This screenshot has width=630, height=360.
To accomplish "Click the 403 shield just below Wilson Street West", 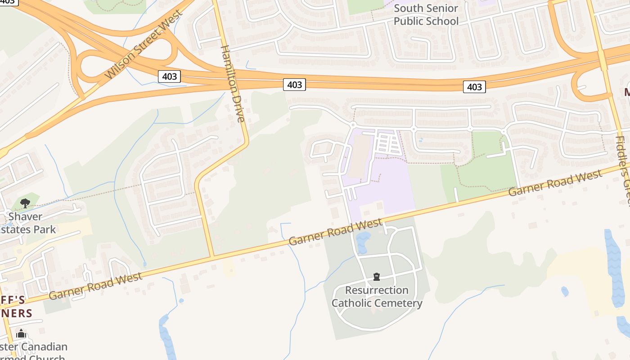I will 169,76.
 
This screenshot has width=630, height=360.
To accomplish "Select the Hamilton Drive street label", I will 233,83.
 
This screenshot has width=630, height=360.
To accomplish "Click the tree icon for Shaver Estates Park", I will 25,203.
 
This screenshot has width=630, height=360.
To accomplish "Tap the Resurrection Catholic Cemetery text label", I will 377,297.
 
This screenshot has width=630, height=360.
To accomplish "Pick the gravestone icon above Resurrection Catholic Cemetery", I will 377,277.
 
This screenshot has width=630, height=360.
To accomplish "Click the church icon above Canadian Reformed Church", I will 21,334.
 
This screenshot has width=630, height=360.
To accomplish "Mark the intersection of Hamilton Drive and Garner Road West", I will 212,256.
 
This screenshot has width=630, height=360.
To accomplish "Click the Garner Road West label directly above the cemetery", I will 335,232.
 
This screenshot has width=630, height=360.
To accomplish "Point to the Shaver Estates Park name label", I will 30,223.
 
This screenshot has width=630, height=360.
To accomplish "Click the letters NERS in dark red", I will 16,314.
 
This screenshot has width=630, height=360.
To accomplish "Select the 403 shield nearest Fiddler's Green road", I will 474,87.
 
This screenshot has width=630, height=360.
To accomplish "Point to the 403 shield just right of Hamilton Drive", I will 294,84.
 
